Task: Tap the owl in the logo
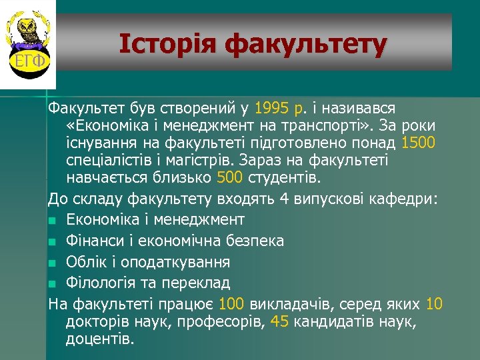[28, 30]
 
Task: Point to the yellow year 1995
[271, 107]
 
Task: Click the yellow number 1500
[419, 142]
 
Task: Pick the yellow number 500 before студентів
[231, 177]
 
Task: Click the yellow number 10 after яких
[433, 305]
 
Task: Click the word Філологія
[96, 283]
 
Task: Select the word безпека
[256, 240]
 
